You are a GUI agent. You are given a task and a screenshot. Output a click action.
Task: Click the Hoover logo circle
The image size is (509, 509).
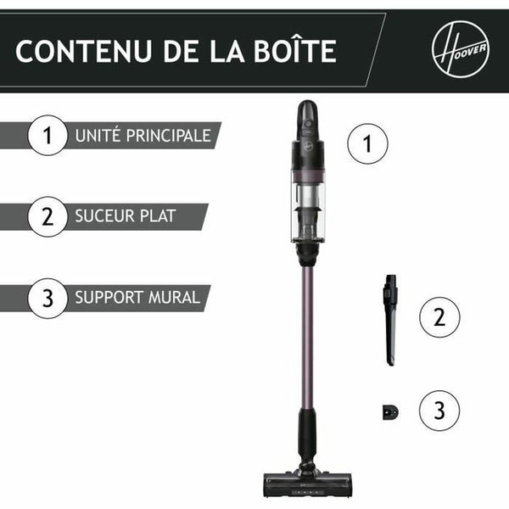[460, 49]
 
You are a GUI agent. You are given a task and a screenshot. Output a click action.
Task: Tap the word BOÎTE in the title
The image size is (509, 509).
[292, 50]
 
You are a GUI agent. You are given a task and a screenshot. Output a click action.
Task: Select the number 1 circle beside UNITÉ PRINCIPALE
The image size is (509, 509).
[47, 136]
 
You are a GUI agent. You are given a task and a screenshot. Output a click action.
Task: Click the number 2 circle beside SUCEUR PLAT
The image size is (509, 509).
[47, 216]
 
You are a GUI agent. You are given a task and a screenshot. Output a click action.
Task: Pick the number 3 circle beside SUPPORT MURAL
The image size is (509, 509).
[47, 298]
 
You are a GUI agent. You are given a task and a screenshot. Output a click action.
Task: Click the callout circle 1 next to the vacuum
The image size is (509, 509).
[367, 143]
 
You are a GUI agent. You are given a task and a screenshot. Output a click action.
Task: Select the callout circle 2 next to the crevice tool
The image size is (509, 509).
[439, 317]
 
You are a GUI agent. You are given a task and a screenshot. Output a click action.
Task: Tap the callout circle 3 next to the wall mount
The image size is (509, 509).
[439, 411]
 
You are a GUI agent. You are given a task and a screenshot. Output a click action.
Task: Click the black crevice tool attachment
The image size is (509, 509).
[390, 318]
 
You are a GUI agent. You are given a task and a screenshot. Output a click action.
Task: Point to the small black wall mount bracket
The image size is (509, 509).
[389, 411]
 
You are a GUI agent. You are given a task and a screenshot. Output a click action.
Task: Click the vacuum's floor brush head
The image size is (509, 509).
[306, 478]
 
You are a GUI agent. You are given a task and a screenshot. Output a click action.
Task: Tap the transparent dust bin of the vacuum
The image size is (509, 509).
[307, 204]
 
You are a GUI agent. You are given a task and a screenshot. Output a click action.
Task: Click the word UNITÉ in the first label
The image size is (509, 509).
[96, 136]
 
